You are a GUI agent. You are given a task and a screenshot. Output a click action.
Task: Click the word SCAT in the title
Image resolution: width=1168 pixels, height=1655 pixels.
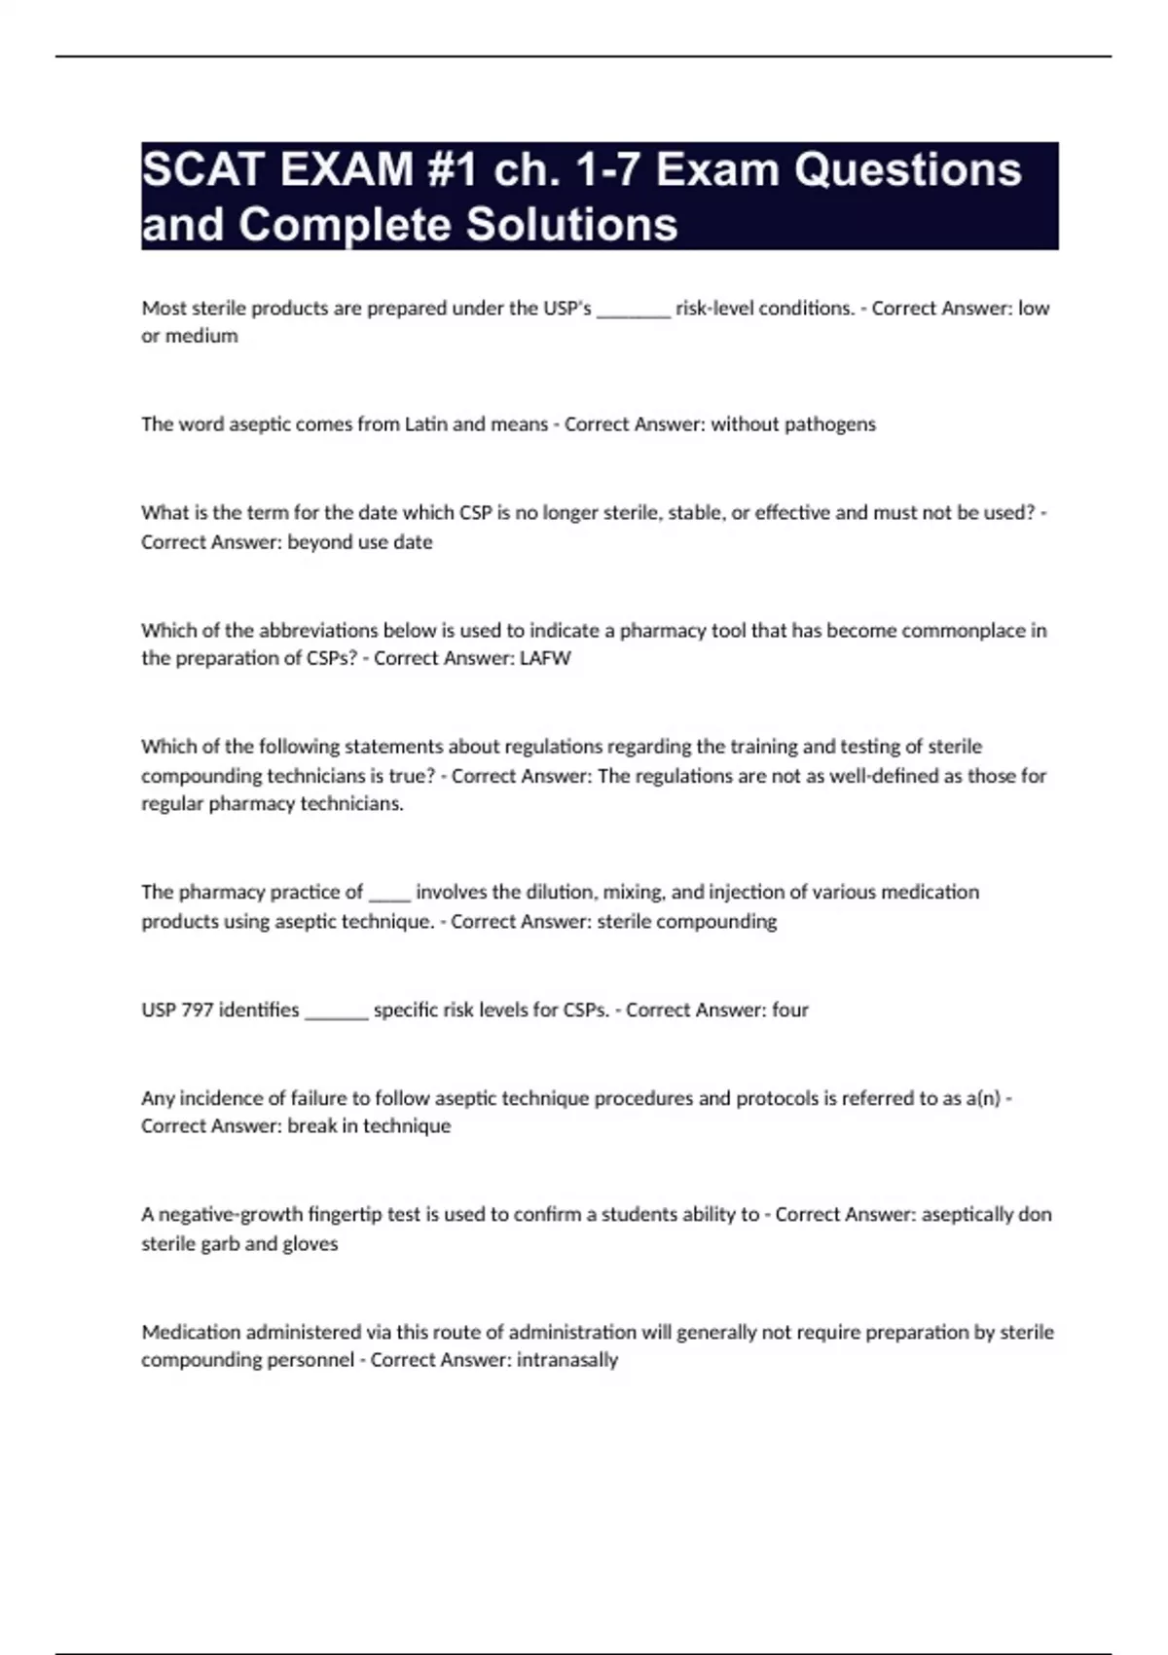pyautogui.click(x=203, y=170)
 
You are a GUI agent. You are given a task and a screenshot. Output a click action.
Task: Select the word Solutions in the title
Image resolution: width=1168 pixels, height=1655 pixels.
pyautogui.click(x=571, y=225)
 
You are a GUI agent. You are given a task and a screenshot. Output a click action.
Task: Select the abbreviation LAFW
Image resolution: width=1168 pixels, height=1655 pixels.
pyautogui.click(x=545, y=658)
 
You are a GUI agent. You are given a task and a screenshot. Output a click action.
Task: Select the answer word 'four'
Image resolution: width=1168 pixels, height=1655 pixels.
pyautogui.click(x=790, y=1010)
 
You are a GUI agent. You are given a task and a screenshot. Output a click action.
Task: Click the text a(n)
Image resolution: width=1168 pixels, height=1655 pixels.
pyautogui.click(x=983, y=1098)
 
